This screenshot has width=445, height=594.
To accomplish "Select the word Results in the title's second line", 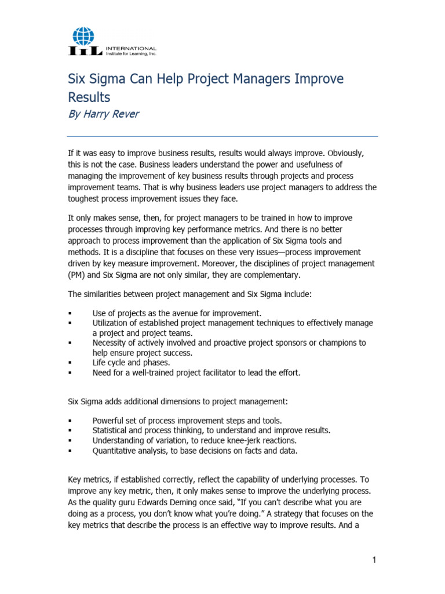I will pyautogui.click(x=89, y=97).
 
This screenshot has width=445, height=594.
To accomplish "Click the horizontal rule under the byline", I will pyautogui.click(x=223, y=136).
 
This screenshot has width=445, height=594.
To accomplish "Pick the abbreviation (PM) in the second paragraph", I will pyautogui.click(x=78, y=274).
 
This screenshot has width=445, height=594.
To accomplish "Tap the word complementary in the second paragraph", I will pyautogui.click(x=265, y=274).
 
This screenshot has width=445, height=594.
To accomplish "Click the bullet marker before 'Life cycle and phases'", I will pyautogui.click(x=70, y=363).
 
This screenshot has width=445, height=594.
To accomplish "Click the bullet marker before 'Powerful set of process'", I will pyautogui.click(x=70, y=421).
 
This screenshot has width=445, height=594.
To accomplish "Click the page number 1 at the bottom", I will pyautogui.click(x=374, y=560).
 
